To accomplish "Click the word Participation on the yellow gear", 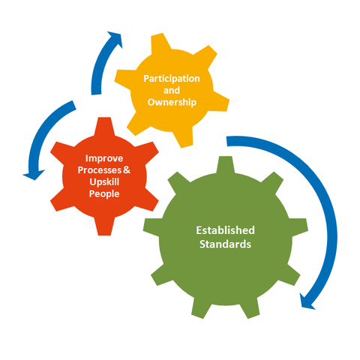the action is [x=172, y=79].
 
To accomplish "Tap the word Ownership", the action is [x=172, y=102].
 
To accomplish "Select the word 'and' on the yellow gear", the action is [x=172, y=90].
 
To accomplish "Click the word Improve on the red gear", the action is [x=104, y=158].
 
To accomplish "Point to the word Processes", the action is [x=100, y=170].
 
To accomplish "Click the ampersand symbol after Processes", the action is [x=127, y=170].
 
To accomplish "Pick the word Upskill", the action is [x=104, y=182].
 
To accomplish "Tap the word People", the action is [x=104, y=194].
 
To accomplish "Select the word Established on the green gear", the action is [x=225, y=230].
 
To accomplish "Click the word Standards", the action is [x=225, y=244].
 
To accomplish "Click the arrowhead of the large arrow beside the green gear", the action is [x=307, y=301].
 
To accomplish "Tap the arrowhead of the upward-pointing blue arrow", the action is [x=115, y=39].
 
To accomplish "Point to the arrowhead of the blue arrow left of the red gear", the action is [x=34, y=175].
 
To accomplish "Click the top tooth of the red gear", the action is [x=104, y=126].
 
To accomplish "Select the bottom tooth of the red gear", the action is [x=104, y=226].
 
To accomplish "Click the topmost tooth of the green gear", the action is [x=225, y=164].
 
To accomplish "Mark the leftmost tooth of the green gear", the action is [x=151, y=227].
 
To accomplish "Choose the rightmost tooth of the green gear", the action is [x=299, y=227].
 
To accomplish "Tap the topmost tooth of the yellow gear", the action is [x=160, y=43].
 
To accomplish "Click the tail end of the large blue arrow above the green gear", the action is [x=227, y=141].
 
